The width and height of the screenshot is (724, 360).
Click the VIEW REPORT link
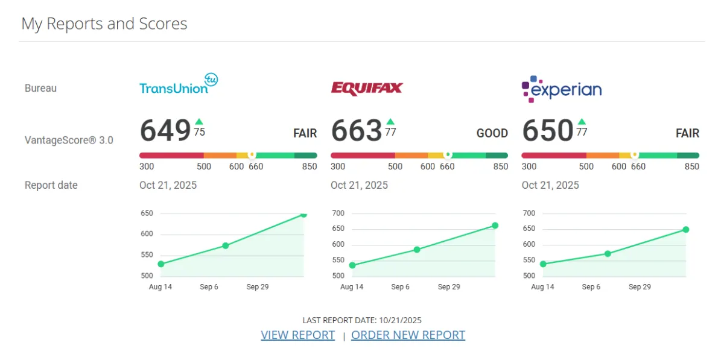click(x=297, y=335)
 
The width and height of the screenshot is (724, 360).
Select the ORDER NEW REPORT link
click(x=408, y=335)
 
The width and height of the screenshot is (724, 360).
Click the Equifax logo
click(x=366, y=89)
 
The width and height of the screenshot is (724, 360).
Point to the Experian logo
click(x=561, y=89)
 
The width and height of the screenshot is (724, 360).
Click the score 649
click(x=165, y=131)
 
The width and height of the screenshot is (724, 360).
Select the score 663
click(x=357, y=131)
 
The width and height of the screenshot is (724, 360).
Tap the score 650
click(x=547, y=131)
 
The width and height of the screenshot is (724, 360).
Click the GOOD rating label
click(x=492, y=133)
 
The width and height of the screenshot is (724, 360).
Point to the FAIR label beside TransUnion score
click(x=305, y=133)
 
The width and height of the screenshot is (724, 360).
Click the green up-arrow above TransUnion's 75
click(x=199, y=122)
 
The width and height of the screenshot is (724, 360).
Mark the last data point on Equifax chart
click(x=495, y=226)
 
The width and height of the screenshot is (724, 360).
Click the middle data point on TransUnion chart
click(x=226, y=245)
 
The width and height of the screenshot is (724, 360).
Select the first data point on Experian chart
click(x=543, y=264)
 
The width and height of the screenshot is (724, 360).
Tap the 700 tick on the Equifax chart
click(x=338, y=213)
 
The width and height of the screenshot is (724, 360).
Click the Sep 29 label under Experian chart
click(x=640, y=287)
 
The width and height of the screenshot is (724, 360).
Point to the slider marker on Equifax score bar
click(x=448, y=155)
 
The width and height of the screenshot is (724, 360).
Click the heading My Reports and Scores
click(x=104, y=24)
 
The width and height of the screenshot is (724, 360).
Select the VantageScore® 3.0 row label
click(x=69, y=141)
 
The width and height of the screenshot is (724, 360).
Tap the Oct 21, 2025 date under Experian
click(x=550, y=185)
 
